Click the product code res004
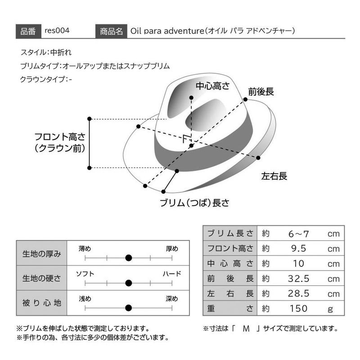point(57,31)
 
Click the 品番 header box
point(28,31)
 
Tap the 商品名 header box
point(111,31)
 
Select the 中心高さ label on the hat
point(212,86)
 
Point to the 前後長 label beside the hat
point(261,92)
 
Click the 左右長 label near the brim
point(274,176)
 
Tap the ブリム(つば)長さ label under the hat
point(194,203)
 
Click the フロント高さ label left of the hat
point(60,137)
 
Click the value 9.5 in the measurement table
point(299,248)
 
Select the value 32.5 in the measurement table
point(299,279)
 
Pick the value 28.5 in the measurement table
point(299,294)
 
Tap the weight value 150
point(298,309)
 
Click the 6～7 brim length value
point(299,234)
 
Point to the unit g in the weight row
point(330,310)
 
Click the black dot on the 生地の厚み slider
point(129,258)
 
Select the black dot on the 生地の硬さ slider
point(129,283)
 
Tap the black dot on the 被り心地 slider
point(129,308)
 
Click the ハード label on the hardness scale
point(172,274)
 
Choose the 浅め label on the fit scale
point(85,299)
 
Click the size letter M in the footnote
point(246,329)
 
